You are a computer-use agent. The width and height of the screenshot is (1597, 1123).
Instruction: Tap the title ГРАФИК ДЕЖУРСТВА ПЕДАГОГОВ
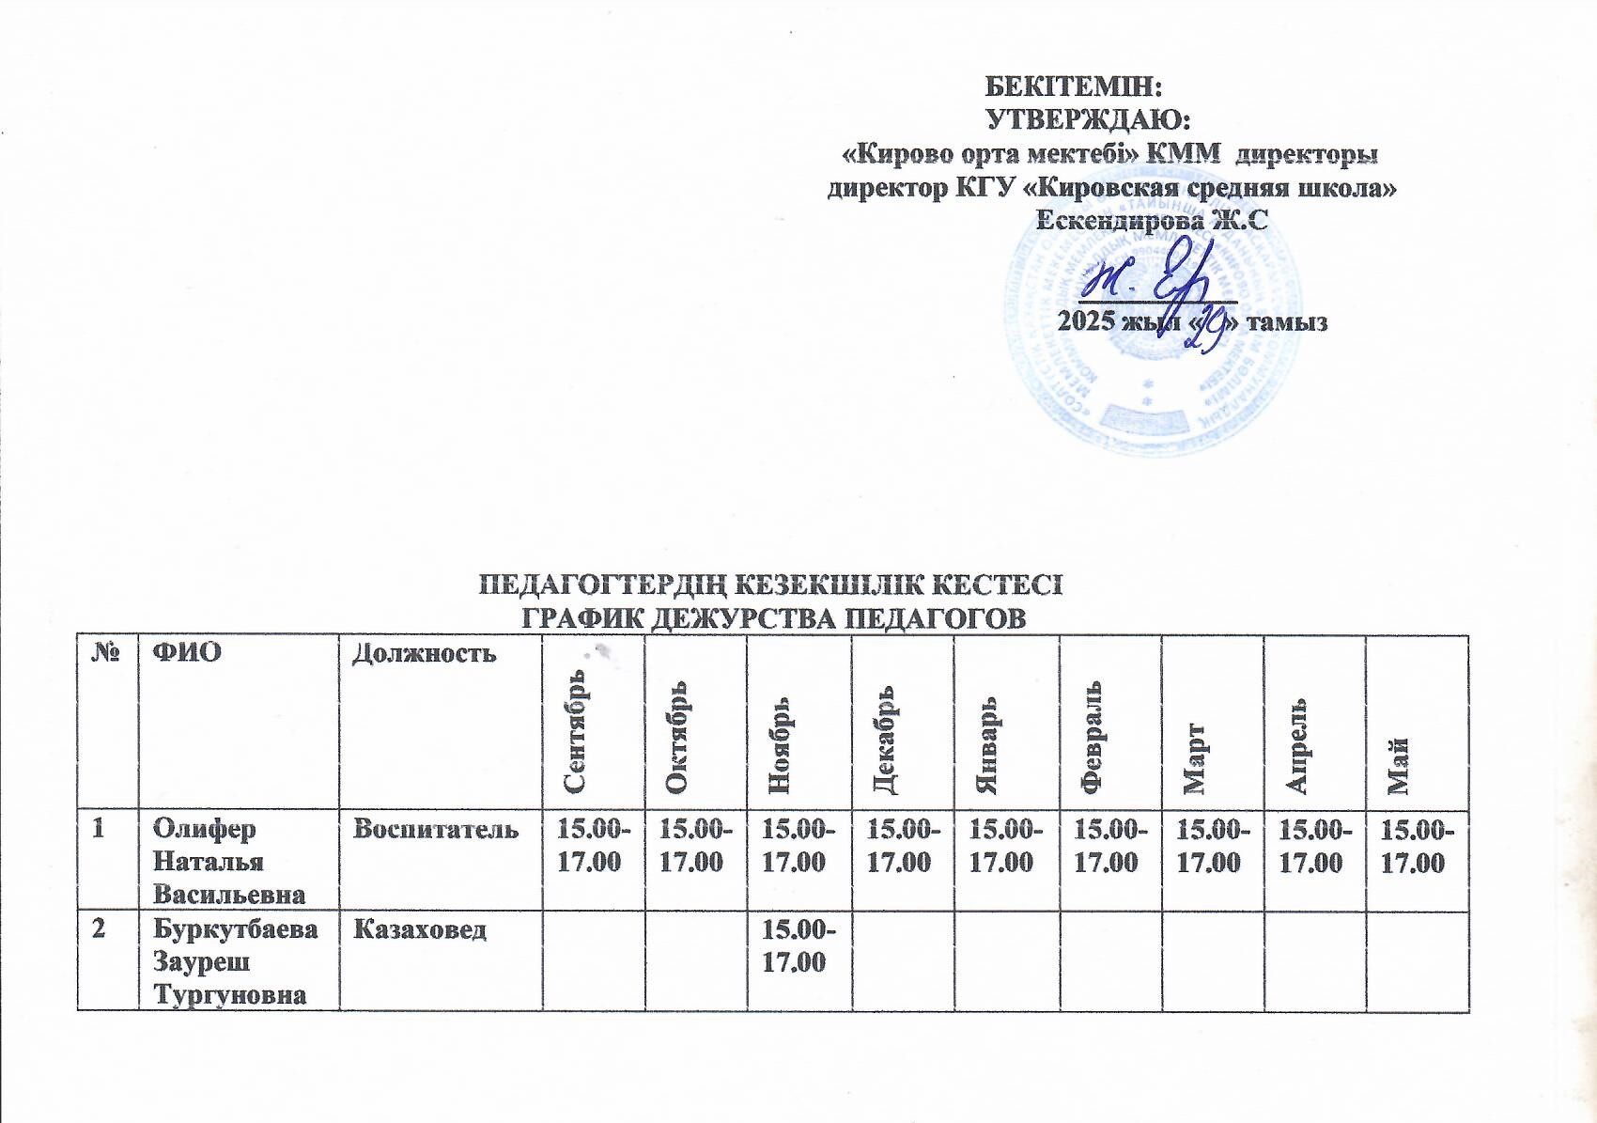pos(772,619)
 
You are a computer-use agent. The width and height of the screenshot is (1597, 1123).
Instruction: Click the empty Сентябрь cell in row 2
pos(594,959)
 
